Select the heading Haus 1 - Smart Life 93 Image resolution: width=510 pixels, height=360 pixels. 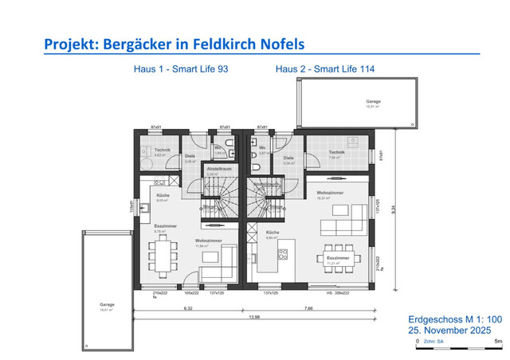tap(181, 69)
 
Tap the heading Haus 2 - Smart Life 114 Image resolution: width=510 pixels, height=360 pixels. tap(324, 69)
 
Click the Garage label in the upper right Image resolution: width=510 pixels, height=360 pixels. tap(373, 102)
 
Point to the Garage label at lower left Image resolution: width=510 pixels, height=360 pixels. tap(106, 303)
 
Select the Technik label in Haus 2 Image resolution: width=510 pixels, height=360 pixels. tap(335, 153)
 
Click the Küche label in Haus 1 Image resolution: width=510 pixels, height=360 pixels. tap(163, 195)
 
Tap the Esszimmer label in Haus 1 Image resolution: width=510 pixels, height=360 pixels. tap(165, 226)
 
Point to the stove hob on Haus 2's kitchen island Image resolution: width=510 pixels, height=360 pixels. tap(281, 255)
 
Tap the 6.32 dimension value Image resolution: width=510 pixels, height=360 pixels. tap(187, 307)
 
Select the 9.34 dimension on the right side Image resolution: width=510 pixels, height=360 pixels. tap(395, 208)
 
